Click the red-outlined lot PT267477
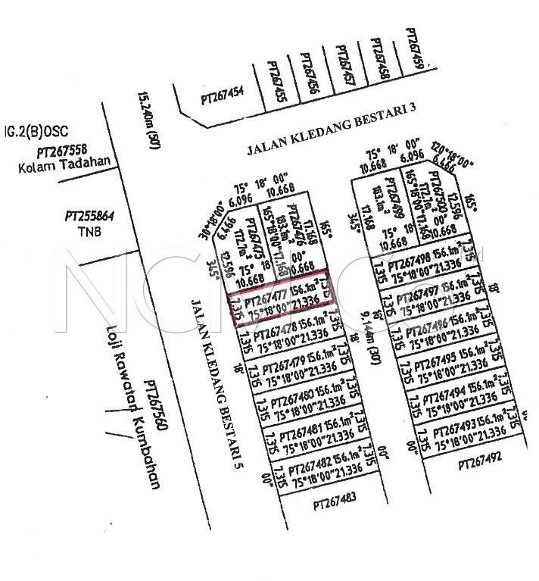tap(280, 298)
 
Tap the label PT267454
tap(222, 97)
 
